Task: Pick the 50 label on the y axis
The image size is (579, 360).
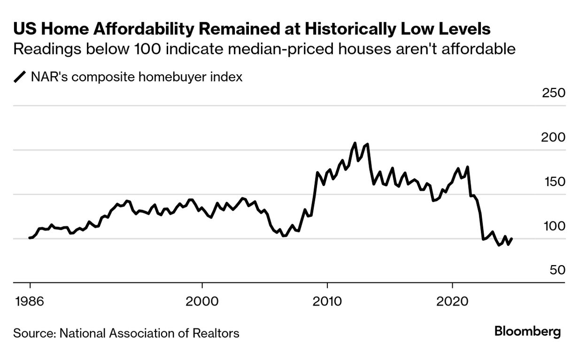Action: (556, 270)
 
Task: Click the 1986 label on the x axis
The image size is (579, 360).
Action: (30, 301)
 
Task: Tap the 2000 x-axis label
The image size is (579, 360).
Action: (202, 301)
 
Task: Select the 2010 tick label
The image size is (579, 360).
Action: (327, 301)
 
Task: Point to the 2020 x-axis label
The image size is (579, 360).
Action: (452, 301)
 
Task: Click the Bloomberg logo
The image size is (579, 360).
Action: (527, 332)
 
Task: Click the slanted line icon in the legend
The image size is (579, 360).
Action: (20, 77)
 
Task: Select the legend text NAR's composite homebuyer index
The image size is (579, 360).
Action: (137, 77)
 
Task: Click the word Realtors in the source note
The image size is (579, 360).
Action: (216, 333)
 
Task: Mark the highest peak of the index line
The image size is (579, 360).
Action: (355, 143)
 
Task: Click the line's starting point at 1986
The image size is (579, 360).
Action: (30, 238)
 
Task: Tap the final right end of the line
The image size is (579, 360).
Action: (511, 239)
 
